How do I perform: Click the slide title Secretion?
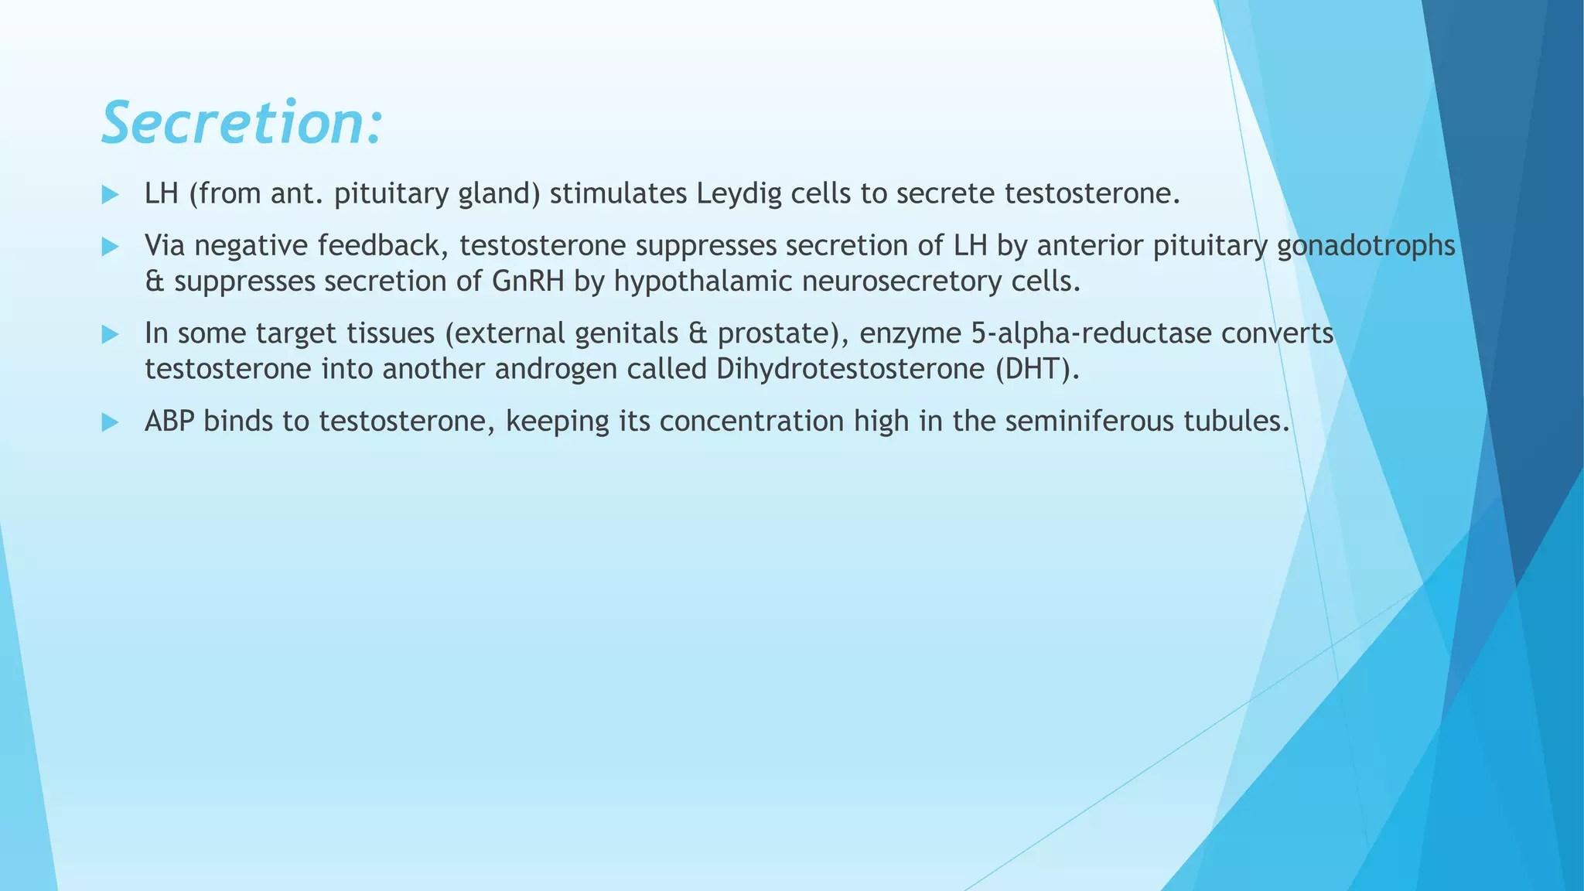coord(241,123)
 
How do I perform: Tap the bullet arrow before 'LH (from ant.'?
coord(110,195)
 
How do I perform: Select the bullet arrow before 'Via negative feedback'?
coord(110,247)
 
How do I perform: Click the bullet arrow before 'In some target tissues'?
coord(110,335)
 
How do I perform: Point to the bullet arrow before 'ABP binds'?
coord(110,422)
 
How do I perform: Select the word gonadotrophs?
coord(1366,246)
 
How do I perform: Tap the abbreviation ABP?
coord(169,422)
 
